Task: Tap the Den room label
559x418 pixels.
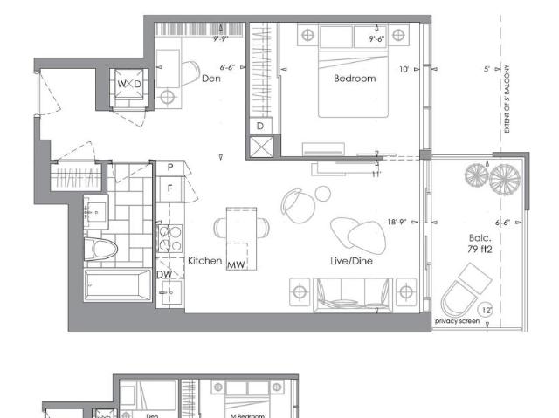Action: (210, 79)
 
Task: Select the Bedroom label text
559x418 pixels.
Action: (355, 79)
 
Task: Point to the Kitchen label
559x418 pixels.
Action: (204, 261)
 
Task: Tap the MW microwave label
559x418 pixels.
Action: (236, 264)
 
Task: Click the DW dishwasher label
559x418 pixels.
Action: (164, 274)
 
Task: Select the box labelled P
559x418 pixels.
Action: (170, 167)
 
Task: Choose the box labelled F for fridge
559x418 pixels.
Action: (170, 186)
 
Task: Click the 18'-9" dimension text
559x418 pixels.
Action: (399, 223)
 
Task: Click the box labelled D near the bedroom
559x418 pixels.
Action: (260, 126)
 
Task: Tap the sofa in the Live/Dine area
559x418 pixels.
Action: (354, 291)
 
